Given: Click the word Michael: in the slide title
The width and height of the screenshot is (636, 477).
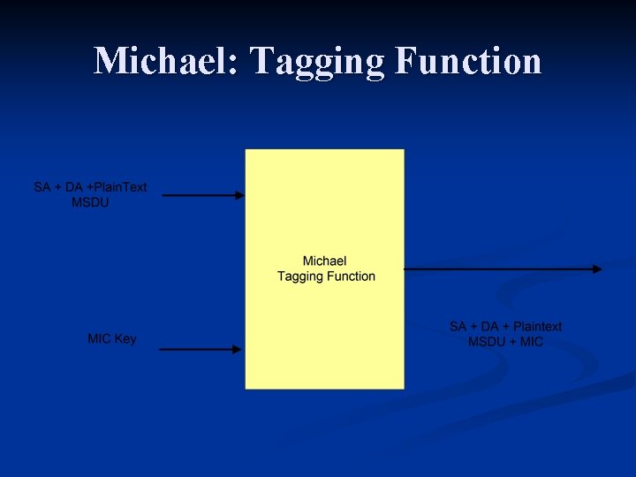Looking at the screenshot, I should (x=166, y=61).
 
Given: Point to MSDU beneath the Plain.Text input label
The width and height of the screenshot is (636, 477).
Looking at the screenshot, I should (x=90, y=202).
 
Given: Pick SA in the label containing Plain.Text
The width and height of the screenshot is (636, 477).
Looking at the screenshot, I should (x=42, y=187).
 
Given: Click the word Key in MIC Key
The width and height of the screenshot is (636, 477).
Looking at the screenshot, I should (x=125, y=338).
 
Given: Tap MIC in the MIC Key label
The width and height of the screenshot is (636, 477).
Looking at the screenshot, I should (x=99, y=338).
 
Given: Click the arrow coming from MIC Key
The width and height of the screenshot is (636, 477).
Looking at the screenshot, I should (x=200, y=349).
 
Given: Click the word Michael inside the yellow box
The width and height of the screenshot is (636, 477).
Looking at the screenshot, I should (x=324, y=261).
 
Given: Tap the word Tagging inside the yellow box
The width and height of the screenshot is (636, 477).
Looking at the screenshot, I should (x=300, y=276).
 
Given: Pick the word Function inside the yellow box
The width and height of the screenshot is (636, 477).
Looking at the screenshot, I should (x=351, y=276).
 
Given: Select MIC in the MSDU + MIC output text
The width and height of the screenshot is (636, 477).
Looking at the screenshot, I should (x=532, y=342).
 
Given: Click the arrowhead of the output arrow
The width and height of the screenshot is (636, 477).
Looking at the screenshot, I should (x=599, y=269).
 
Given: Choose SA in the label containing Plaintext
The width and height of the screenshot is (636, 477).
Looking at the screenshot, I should (x=458, y=327).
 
